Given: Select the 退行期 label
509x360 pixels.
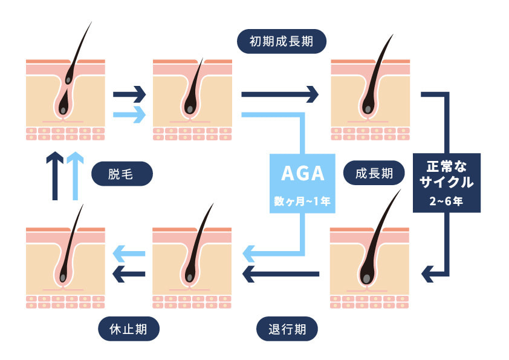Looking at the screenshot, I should (287, 330).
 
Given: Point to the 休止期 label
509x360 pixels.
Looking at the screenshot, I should (129, 330).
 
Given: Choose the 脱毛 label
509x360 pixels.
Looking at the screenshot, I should (122, 175).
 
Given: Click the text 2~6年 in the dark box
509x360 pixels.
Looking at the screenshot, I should (446, 201).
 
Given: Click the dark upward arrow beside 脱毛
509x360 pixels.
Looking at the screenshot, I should (54, 175).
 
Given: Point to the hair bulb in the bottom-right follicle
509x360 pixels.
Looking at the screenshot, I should (366, 278).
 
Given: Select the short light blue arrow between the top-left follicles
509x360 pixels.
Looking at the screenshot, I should (129, 113).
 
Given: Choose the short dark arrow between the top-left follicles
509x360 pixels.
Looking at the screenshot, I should (129, 94).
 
